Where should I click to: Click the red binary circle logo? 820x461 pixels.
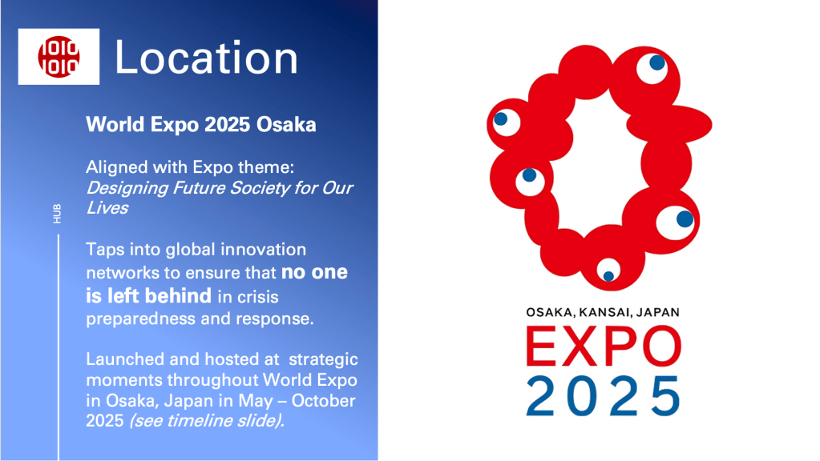pyautogui.click(x=59, y=56)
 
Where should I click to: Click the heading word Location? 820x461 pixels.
pyautogui.click(x=206, y=58)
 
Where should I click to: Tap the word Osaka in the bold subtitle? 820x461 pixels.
pyautogui.click(x=286, y=125)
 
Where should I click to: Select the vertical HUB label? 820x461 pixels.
pyautogui.click(x=57, y=214)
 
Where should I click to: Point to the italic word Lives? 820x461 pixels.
pyautogui.click(x=107, y=208)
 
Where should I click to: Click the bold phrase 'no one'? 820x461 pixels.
pyautogui.click(x=314, y=272)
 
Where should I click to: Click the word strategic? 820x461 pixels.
pyautogui.click(x=323, y=359)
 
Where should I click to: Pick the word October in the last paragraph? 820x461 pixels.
pyautogui.click(x=323, y=400)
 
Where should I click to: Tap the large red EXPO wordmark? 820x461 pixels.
pyautogui.click(x=604, y=346)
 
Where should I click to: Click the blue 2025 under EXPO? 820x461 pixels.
pyautogui.click(x=603, y=395)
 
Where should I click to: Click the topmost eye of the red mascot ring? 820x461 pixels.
pyautogui.click(x=652, y=68)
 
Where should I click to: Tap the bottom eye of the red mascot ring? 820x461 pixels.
pyautogui.click(x=608, y=271)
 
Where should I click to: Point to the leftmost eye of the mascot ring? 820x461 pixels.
pyautogui.click(x=506, y=122)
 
